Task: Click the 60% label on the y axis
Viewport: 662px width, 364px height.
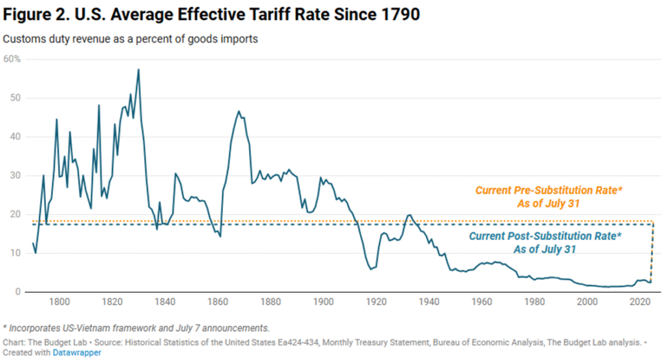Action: point(12,59)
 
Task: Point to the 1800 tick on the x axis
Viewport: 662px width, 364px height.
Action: point(59,301)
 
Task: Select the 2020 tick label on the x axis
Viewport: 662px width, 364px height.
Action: point(640,301)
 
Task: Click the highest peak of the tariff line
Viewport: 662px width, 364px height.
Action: point(138,69)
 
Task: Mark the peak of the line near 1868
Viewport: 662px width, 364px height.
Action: point(239,111)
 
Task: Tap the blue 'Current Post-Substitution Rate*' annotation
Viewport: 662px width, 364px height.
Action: point(544,237)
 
